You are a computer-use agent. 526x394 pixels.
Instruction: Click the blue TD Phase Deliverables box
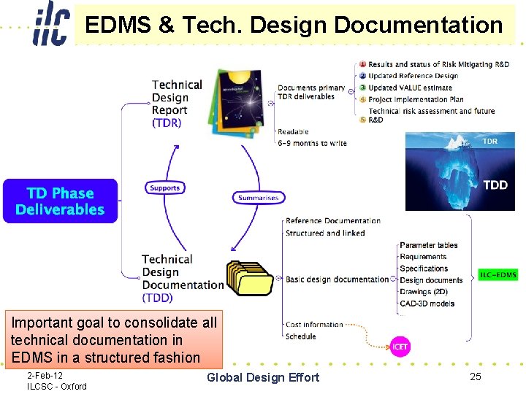coord(60,201)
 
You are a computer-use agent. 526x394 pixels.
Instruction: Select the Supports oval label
coord(164,188)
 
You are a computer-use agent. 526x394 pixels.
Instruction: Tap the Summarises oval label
coord(258,197)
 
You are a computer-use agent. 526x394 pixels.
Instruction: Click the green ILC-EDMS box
coord(498,275)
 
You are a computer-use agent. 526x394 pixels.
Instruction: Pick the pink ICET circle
coord(400,346)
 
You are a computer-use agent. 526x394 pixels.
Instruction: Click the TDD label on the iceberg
coord(495,185)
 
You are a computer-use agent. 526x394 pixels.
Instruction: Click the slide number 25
coord(476,376)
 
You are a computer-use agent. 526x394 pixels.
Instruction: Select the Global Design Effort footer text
coord(263,377)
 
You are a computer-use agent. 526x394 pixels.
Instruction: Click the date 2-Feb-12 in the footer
coord(45,375)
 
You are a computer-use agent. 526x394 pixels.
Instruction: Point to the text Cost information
coord(314,325)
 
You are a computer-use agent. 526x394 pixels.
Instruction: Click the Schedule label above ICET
coord(300,336)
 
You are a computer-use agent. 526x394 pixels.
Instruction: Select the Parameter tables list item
coord(428,245)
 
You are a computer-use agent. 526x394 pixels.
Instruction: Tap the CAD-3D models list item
coord(427,304)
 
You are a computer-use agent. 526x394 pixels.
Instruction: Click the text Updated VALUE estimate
coord(410,88)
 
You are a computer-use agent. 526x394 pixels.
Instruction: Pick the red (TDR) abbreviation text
coord(167,123)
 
